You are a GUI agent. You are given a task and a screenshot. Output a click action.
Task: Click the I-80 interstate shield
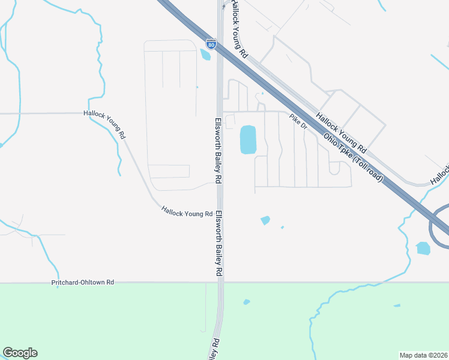click(211, 44)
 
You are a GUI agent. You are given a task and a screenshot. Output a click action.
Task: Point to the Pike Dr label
click(298, 122)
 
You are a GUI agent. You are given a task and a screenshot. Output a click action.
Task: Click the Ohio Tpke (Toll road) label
click(353, 157)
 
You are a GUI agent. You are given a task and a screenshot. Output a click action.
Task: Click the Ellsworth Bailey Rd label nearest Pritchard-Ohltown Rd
click(220, 243)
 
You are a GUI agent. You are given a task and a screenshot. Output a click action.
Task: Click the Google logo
click(20, 353)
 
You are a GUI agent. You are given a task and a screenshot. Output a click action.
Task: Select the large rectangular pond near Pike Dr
click(248, 139)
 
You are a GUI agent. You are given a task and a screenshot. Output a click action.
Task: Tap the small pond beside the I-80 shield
click(206, 55)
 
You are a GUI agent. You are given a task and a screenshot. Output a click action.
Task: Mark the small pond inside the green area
click(246, 302)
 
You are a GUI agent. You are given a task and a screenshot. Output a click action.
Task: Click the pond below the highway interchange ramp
click(423, 248)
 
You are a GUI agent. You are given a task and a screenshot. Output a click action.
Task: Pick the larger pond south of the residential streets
click(265, 220)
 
